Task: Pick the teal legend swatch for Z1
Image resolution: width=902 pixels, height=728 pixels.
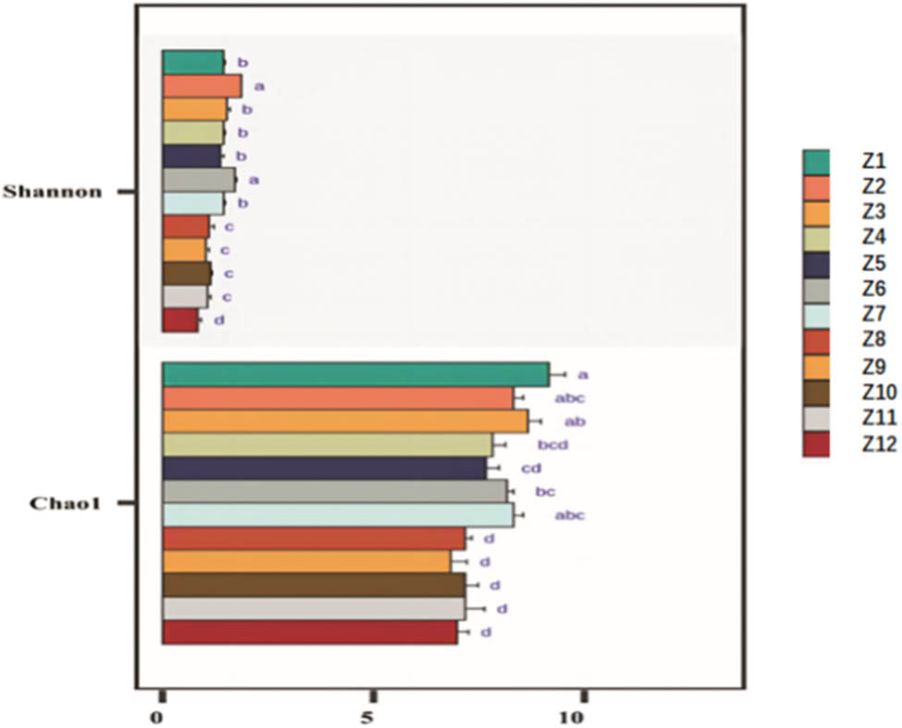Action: pyautogui.click(x=816, y=162)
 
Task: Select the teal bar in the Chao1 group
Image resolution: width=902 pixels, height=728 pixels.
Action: pyautogui.click(x=355, y=374)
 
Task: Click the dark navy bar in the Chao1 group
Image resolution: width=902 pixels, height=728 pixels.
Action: pyautogui.click(x=324, y=468)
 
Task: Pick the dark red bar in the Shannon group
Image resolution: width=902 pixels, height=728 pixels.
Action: pyautogui.click(x=179, y=320)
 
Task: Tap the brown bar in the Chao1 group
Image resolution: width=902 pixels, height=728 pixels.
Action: pyautogui.click(x=314, y=586)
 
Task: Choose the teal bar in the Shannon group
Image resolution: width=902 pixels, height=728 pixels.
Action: pyautogui.click(x=192, y=62)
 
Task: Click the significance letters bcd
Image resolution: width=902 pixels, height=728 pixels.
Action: pyautogui.click(x=553, y=445)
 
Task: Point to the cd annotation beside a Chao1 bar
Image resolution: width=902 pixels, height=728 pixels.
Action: pyautogui.click(x=531, y=468)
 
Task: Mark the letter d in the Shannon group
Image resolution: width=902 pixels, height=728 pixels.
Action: pyautogui.click(x=219, y=320)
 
